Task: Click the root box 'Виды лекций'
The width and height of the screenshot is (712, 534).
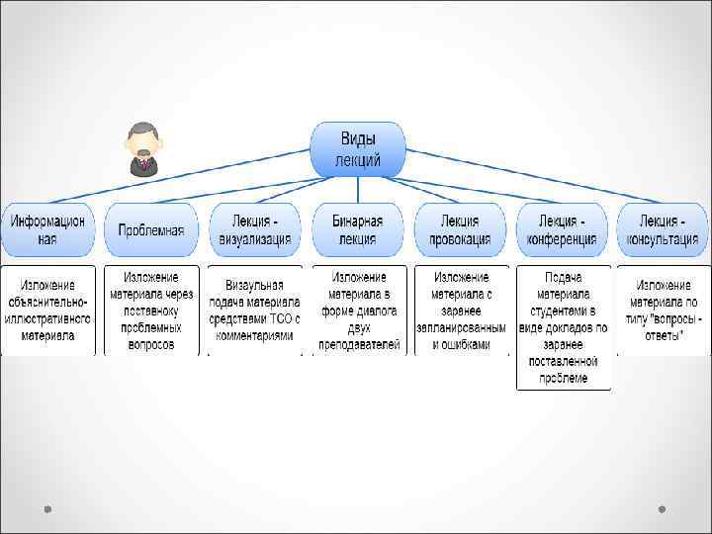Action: [358, 149]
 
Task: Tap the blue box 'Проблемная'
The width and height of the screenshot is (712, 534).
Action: [151, 229]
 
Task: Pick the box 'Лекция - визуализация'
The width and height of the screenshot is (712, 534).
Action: [254, 229]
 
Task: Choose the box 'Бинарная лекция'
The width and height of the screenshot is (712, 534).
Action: [358, 229]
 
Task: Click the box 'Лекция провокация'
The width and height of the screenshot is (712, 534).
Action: [460, 229]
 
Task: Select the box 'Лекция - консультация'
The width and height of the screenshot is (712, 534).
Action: [663, 229]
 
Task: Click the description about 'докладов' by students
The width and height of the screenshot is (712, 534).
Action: [564, 327]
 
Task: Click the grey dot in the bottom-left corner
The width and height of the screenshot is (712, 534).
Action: [46, 510]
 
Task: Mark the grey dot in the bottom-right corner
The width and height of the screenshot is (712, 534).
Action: [664, 510]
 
